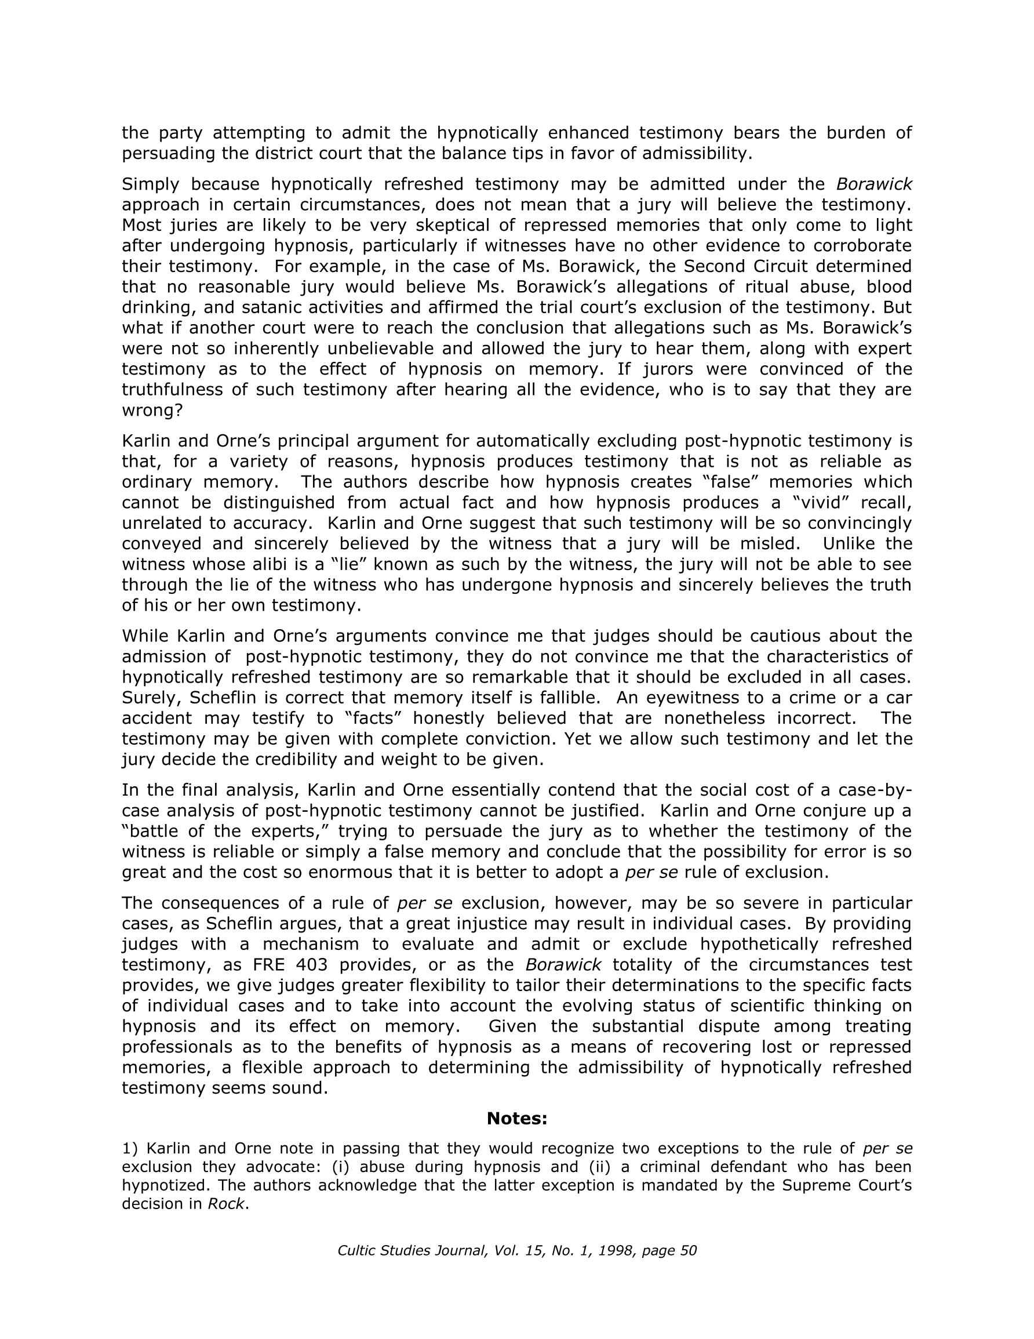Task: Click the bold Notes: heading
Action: [516, 1119]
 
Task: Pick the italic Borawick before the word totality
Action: [563, 964]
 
